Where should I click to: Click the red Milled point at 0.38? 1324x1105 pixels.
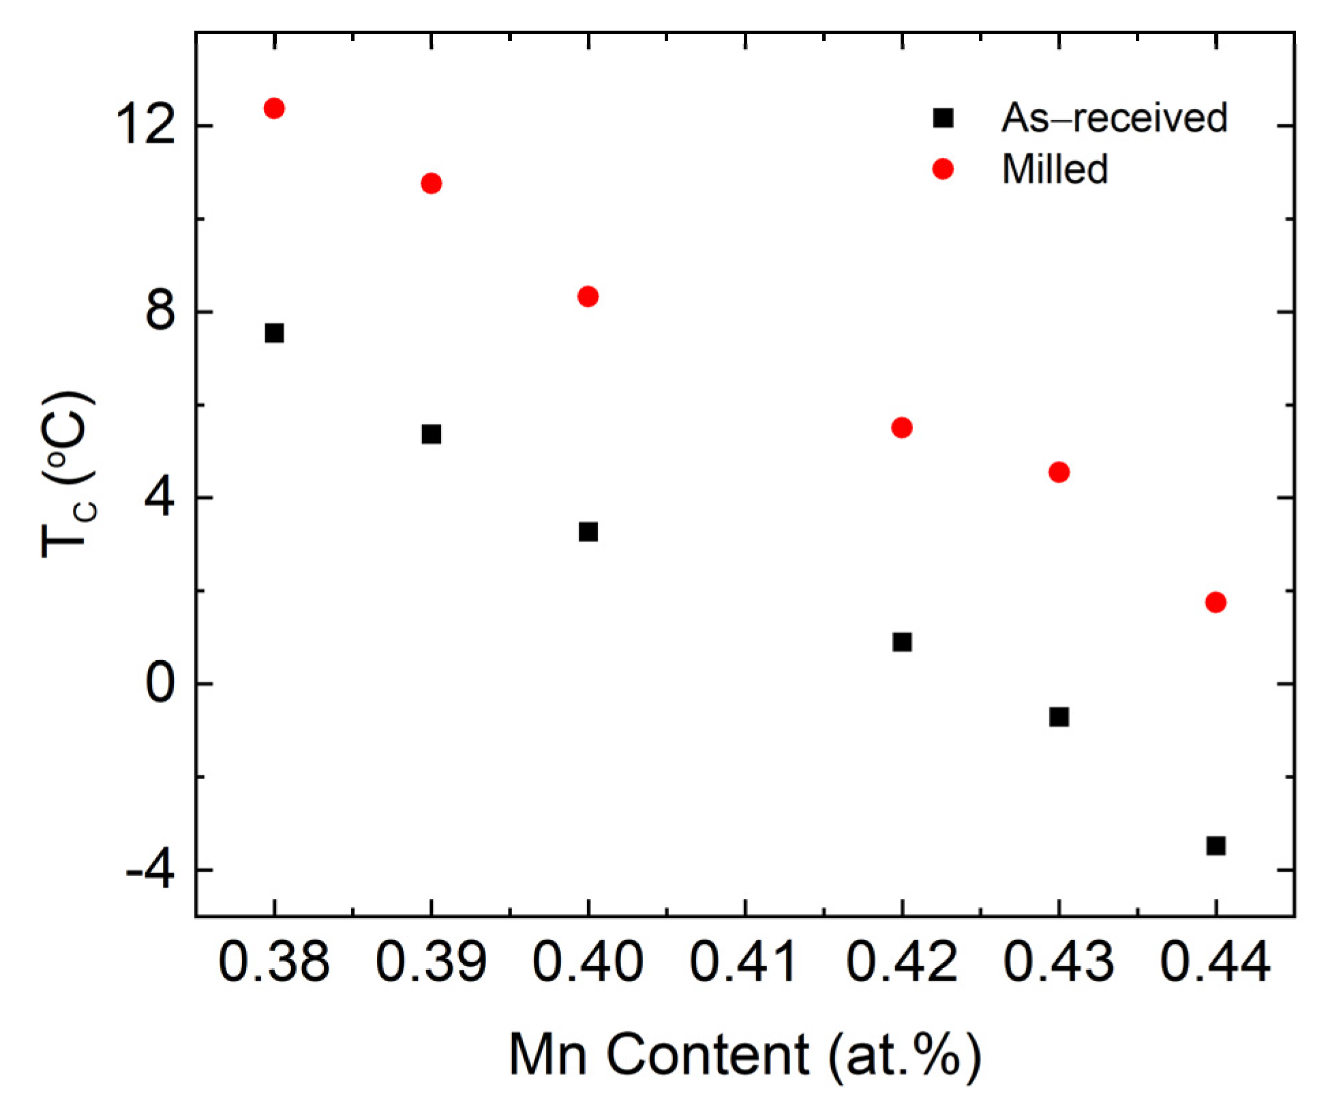point(274,108)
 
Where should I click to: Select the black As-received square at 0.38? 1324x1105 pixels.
point(274,333)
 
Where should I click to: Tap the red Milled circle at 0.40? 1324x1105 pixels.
point(588,297)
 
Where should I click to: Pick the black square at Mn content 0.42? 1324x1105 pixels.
point(902,642)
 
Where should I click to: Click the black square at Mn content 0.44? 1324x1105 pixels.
point(1216,846)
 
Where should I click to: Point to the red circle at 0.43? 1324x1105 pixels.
point(1059,472)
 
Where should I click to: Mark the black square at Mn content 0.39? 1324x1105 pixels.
point(431,434)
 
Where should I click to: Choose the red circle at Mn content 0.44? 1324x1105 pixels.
point(1216,603)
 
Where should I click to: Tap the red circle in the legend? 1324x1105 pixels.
point(943,169)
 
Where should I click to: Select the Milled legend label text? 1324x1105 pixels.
point(1055,169)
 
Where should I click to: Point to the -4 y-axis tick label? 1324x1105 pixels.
point(149,871)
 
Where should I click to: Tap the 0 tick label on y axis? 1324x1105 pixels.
point(160,684)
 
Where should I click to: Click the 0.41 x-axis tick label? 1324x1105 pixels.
point(744,963)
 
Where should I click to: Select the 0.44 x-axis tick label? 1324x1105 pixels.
point(1216,963)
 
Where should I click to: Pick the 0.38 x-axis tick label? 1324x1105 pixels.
point(274,963)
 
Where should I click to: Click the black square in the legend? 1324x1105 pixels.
point(943,118)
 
